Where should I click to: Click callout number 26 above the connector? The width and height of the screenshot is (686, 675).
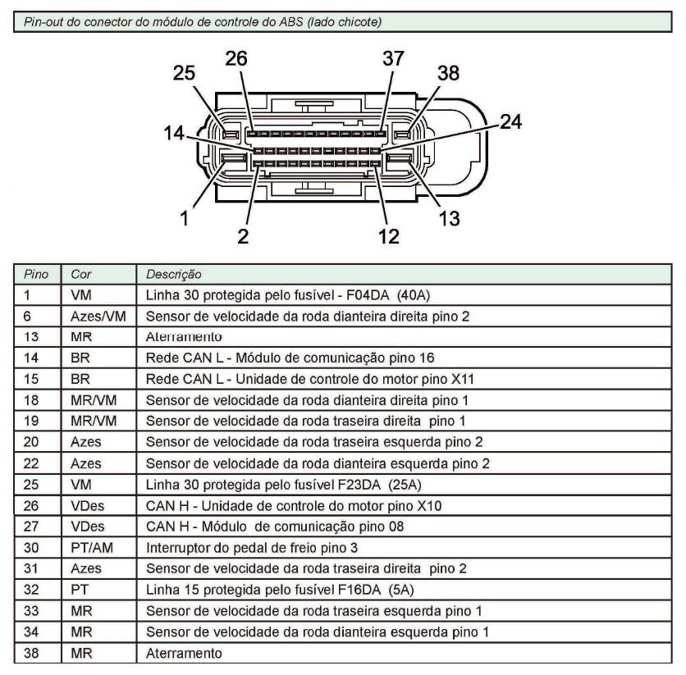click(236, 58)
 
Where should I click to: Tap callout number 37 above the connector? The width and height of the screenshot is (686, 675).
click(393, 58)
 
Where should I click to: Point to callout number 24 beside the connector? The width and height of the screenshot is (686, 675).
click(510, 121)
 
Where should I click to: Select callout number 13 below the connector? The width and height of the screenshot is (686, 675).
click(450, 219)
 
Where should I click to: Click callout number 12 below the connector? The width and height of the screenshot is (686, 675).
click(388, 236)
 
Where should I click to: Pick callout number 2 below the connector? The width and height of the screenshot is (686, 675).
click(243, 236)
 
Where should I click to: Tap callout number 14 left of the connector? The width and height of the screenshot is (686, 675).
click(174, 133)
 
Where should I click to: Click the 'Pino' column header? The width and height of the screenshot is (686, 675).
click(36, 274)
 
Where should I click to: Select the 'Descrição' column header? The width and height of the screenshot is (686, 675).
click(174, 274)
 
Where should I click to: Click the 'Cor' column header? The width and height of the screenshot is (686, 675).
click(81, 274)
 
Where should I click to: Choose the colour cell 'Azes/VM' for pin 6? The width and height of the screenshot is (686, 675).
click(98, 316)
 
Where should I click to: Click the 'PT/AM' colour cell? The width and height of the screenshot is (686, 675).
click(92, 547)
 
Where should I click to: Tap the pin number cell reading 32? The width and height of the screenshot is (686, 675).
click(31, 590)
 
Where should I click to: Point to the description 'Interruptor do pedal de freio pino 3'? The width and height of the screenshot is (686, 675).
click(252, 547)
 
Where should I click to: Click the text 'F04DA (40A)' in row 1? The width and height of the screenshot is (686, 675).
click(388, 295)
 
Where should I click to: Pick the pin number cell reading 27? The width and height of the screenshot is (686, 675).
click(31, 526)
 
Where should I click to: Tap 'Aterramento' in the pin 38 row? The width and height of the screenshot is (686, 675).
click(184, 653)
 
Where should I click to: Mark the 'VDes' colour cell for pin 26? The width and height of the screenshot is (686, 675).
click(88, 505)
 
